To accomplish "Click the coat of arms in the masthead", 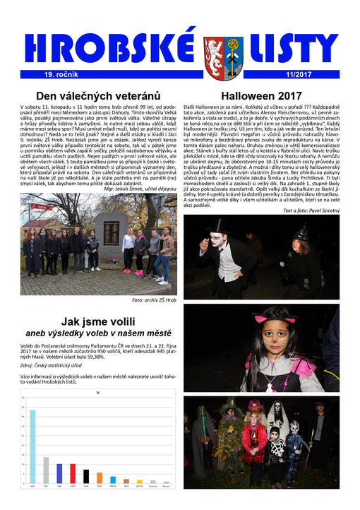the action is pyautogui.click(x=214, y=54).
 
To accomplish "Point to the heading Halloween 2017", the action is pyautogui.click(x=261, y=96).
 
